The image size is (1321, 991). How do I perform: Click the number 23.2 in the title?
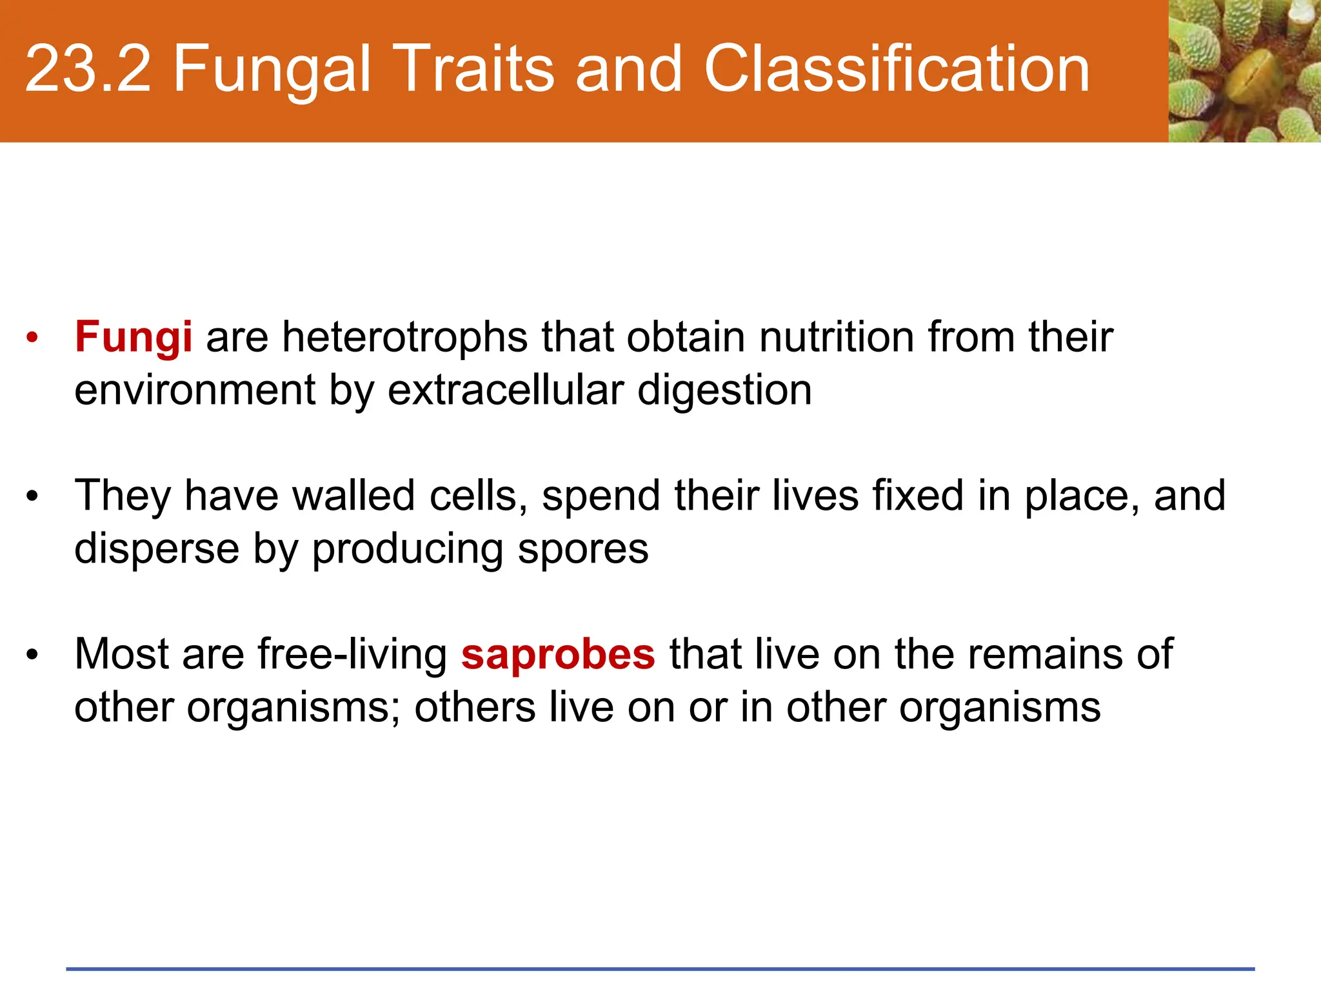coord(88,69)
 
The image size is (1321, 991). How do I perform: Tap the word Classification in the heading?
coord(897,69)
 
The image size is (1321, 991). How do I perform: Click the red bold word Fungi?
coord(133,337)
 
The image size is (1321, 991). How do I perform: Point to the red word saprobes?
coord(558,654)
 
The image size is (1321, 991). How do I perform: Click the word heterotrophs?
coord(404,337)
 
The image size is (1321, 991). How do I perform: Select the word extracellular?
coord(506,390)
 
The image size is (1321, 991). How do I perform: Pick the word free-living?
coord(352,654)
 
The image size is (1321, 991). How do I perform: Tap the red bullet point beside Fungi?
coord(32,338)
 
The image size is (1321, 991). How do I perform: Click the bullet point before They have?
coord(32,497)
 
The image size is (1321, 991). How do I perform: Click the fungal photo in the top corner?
coord(1244,70)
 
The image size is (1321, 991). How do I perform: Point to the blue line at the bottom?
coord(660,969)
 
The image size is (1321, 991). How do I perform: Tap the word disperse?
coord(157,550)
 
